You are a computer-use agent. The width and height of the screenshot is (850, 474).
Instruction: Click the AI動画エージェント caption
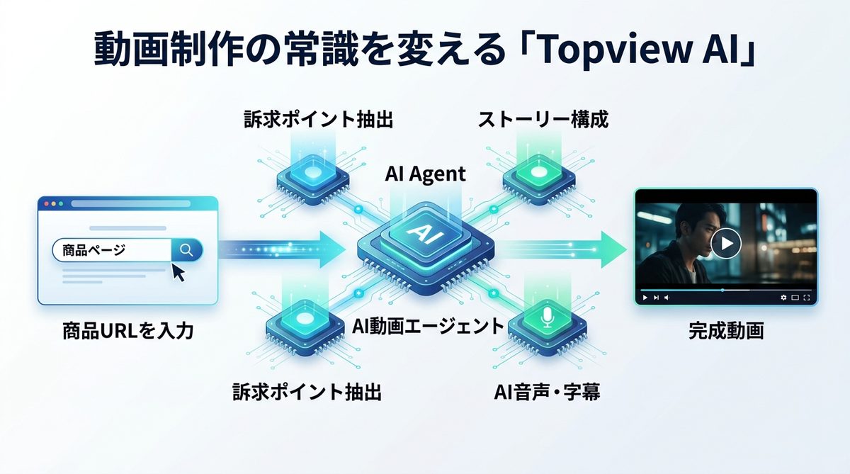(x=428, y=327)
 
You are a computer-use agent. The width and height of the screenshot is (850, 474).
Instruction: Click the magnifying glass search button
(x=187, y=249)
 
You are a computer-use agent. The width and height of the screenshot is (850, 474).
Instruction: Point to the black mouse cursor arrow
(x=177, y=271)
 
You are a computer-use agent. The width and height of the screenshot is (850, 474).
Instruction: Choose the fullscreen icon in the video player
(x=807, y=298)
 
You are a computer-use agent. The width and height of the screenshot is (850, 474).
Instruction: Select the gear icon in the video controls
(x=783, y=298)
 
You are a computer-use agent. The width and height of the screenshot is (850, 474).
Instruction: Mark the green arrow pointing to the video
(x=567, y=249)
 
